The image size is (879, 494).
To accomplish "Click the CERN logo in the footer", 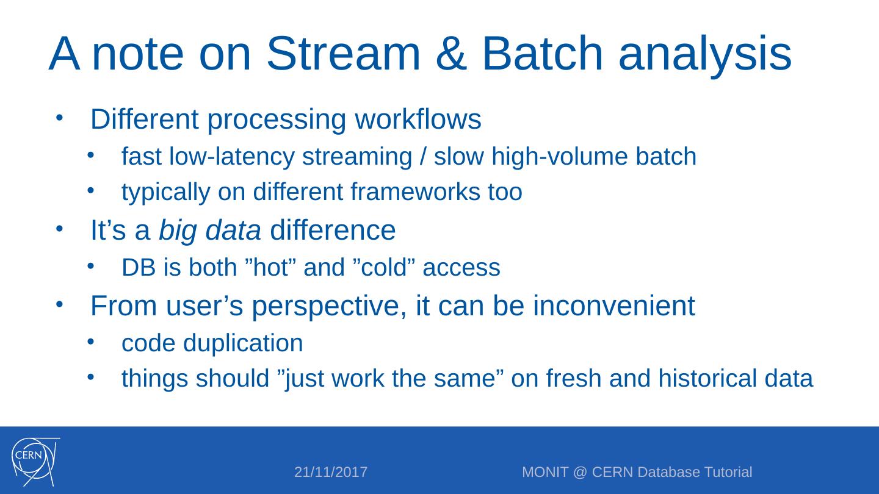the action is pyautogui.click(x=35, y=462).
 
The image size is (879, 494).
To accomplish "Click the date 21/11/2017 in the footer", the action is pyautogui.click(x=331, y=472).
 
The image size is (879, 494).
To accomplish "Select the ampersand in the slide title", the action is pyautogui.click(x=451, y=54).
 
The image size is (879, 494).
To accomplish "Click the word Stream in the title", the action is pyautogui.click(x=343, y=54).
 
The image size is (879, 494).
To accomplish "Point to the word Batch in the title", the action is pyautogui.click(x=542, y=54).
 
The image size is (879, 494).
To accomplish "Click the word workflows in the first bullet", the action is pyautogui.click(x=418, y=119).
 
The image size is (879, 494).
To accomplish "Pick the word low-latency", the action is pyautogui.click(x=231, y=157).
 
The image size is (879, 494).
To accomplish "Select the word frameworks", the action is pyautogui.click(x=415, y=192).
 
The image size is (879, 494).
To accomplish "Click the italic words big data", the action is pyautogui.click(x=210, y=231).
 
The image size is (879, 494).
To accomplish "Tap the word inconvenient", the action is pyautogui.click(x=614, y=306).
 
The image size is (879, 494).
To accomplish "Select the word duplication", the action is pyautogui.click(x=243, y=343).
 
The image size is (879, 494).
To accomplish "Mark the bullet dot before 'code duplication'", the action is pyautogui.click(x=90, y=342).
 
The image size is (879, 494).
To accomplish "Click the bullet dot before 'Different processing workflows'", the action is pyautogui.click(x=59, y=118).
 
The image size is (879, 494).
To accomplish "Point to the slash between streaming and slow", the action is pyautogui.click(x=422, y=156).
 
